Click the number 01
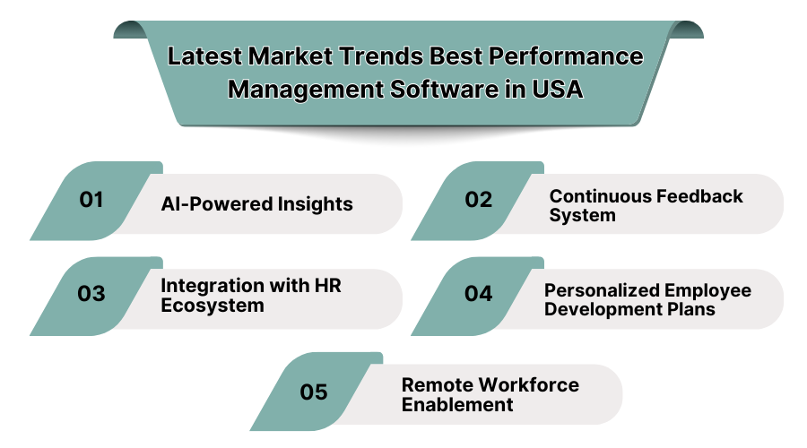point(91,200)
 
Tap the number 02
point(479,200)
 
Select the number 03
point(91,294)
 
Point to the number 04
point(479,294)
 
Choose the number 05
point(314,392)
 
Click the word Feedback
point(702,195)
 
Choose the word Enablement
point(457,404)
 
